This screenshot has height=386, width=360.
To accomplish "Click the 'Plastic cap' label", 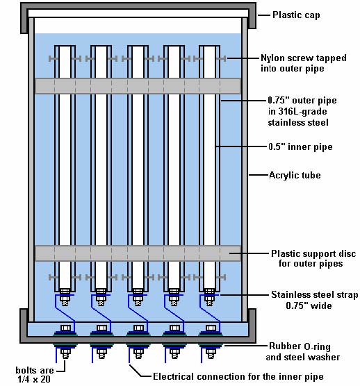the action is (296, 15).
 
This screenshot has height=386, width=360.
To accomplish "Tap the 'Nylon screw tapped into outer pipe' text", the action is (304, 63).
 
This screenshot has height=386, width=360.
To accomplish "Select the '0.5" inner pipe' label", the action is (300, 146).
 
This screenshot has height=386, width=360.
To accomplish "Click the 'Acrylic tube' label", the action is (295, 175).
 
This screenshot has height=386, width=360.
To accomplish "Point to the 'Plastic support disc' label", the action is (313, 253).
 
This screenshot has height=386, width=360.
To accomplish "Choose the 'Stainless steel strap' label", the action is (315, 294).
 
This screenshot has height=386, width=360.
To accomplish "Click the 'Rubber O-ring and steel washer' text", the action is (303, 351).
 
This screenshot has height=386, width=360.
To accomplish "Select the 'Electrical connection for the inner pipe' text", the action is (238, 377).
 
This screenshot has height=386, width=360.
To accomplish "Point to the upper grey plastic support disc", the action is (138, 86).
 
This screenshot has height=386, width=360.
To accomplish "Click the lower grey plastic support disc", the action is (138, 253).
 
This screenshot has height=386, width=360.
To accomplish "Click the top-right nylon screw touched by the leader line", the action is (222, 58).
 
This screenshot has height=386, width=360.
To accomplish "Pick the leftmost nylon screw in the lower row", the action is (52, 278).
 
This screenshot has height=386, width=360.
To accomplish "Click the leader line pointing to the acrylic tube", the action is (259, 175).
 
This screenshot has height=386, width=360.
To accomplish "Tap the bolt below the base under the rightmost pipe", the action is (211, 354).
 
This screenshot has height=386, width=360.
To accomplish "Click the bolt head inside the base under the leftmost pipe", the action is (65, 328).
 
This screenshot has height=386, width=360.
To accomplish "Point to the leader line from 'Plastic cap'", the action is (264, 15).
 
